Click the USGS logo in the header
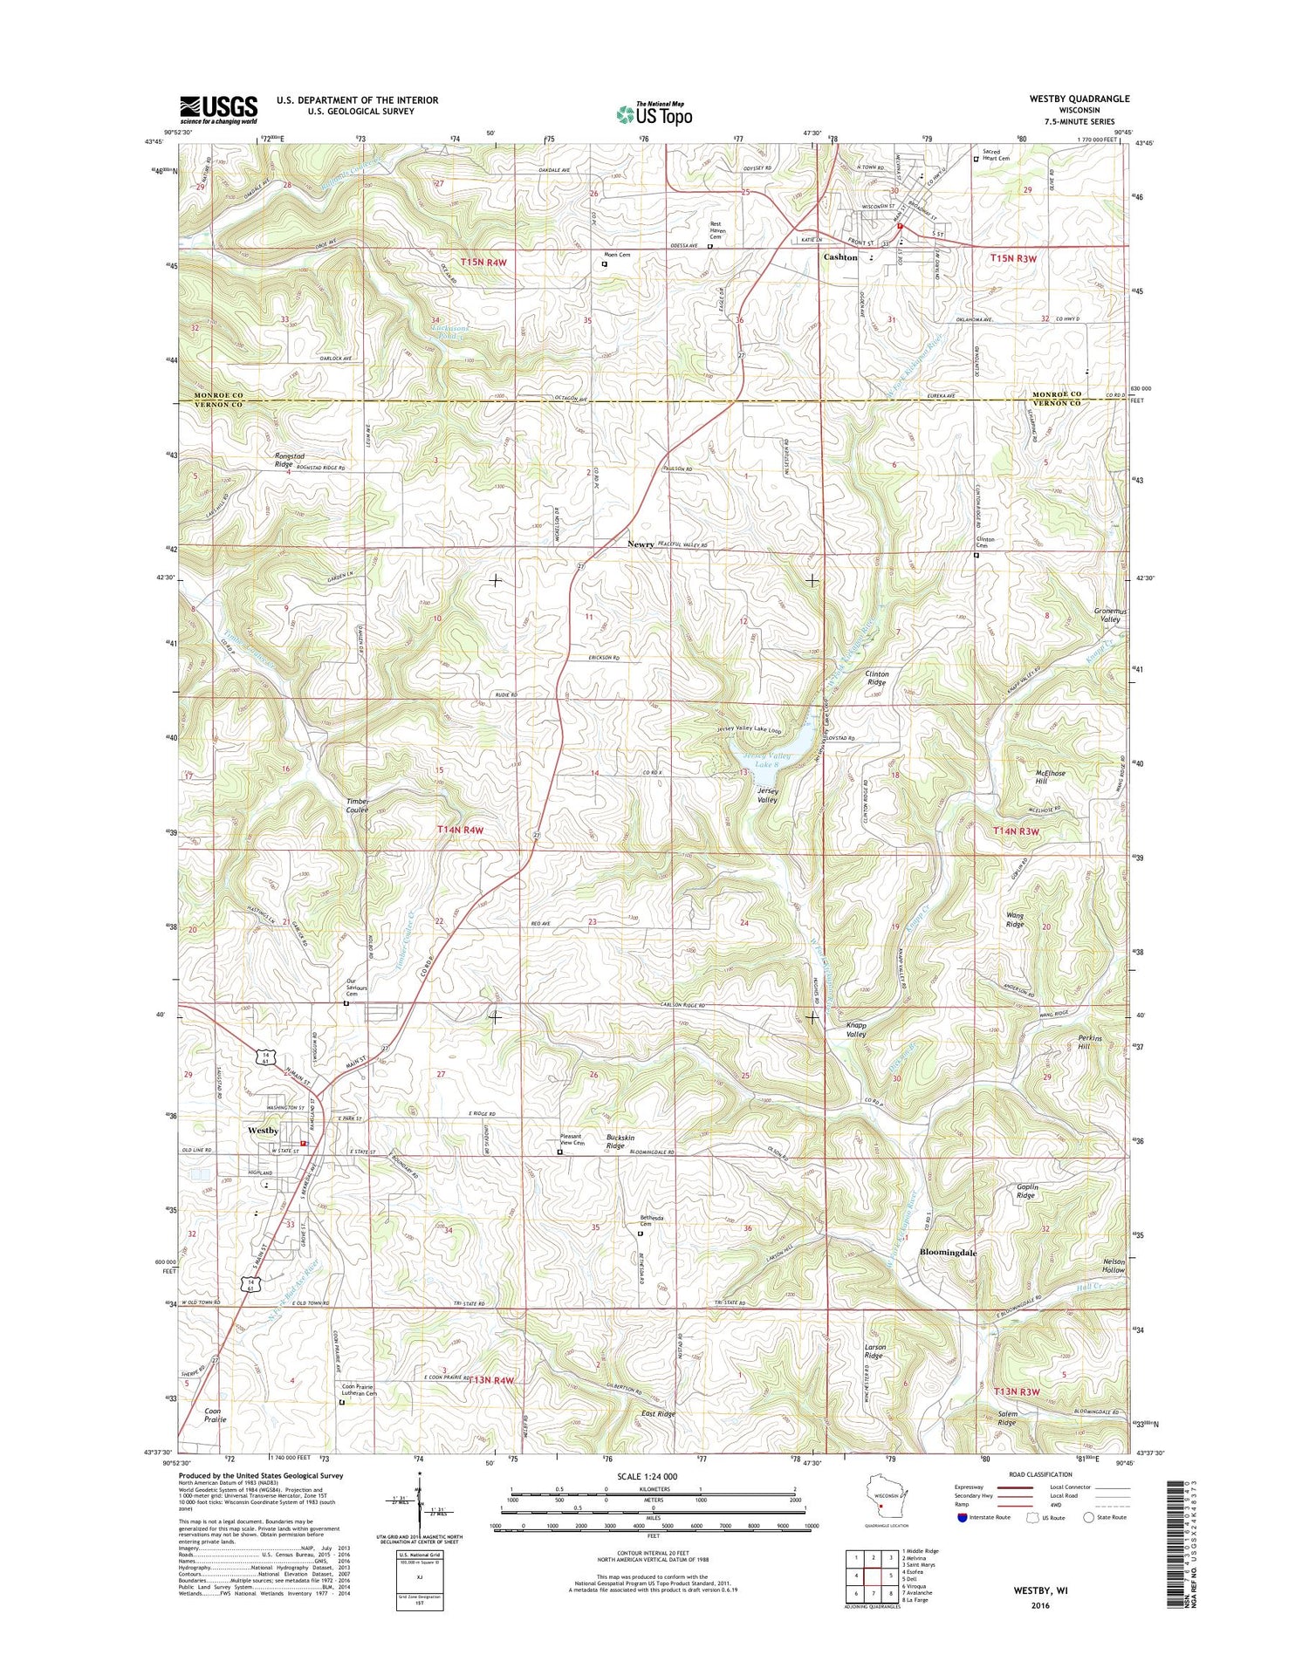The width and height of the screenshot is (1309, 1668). click(x=219, y=108)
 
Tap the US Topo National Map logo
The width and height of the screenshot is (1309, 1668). click(x=654, y=113)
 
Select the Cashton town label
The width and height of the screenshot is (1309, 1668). click(x=840, y=258)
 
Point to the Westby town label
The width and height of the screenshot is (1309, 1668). click(x=263, y=1131)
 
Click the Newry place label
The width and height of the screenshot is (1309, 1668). click(x=641, y=544)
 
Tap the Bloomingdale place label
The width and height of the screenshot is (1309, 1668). click(x=949, y=1252)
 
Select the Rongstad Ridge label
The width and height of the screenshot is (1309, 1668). click(x=271, y=460)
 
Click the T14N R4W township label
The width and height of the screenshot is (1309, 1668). click(x=460, y=831)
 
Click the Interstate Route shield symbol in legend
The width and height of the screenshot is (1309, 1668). click(x=962, y=1517)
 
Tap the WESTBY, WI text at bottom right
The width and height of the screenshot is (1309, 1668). click(x=1040, y=1590)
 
